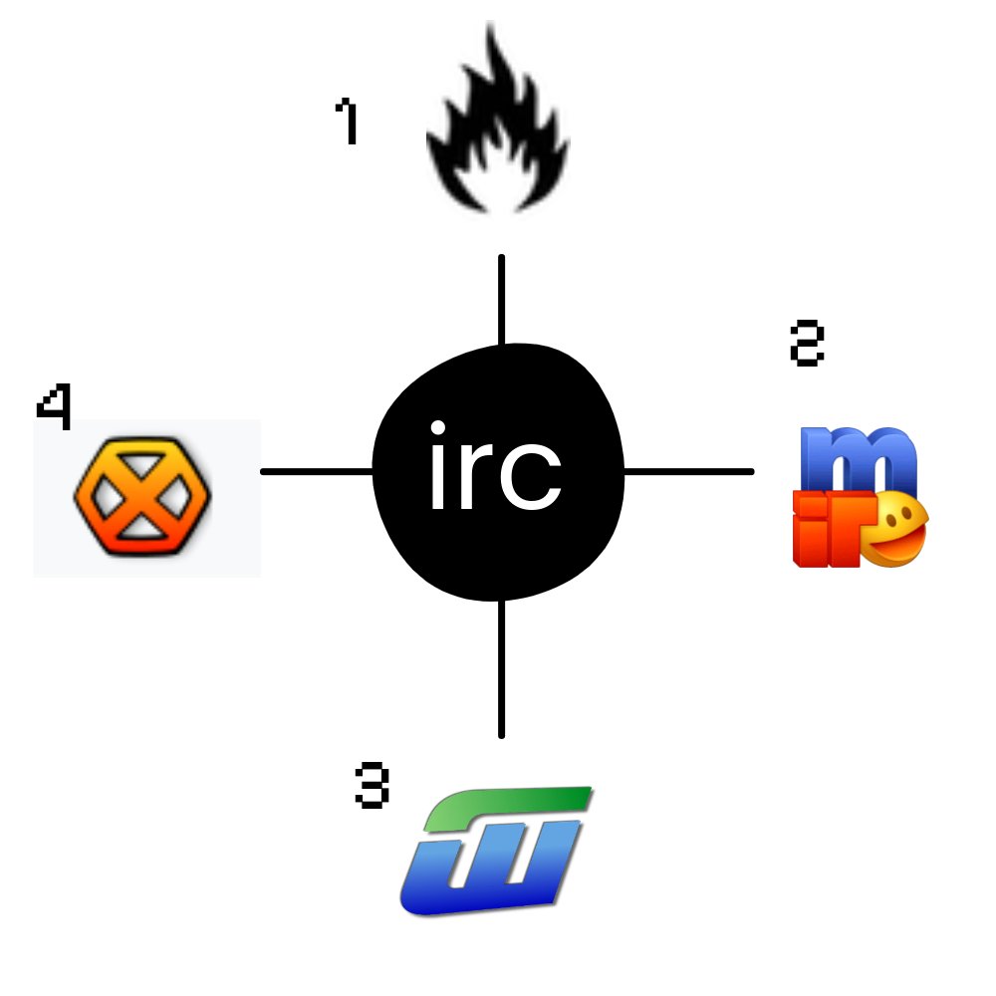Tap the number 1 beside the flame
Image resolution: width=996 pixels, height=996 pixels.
coord(347,122)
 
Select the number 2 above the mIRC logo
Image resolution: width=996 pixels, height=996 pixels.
coord(807,344)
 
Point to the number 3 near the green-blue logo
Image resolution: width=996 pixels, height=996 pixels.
coord(372,786)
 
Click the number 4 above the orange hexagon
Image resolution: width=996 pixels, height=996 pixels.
coord(55,408)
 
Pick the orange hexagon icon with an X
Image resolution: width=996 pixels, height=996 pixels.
coord(142,495)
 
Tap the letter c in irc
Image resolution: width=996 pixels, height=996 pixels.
coord(533,480)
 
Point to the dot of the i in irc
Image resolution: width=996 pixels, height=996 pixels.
coord(438,429)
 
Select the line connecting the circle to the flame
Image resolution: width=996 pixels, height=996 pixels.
coord(501,299)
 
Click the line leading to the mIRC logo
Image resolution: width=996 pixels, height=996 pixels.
coord(687,471)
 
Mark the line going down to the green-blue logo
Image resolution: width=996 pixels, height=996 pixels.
coord(501,667)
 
